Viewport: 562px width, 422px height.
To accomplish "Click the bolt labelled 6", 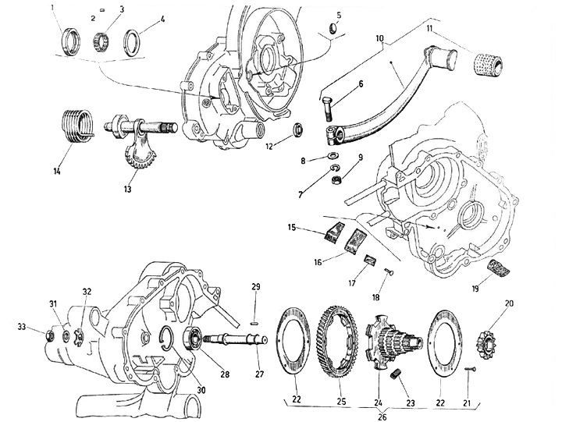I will pyautogui.click(x=327, y=107).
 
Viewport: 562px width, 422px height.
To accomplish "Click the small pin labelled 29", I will pyautogui.click(x=256, y=321).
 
